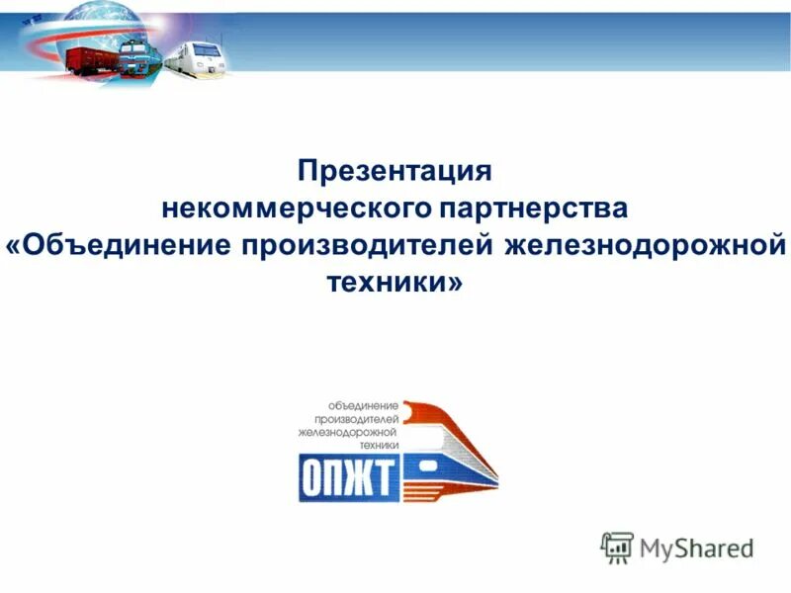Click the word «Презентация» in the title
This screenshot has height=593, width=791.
(x=395, y=171)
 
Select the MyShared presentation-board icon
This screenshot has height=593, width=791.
(x=617, y=547)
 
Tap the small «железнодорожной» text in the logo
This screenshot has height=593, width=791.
(x=348, y=432)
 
